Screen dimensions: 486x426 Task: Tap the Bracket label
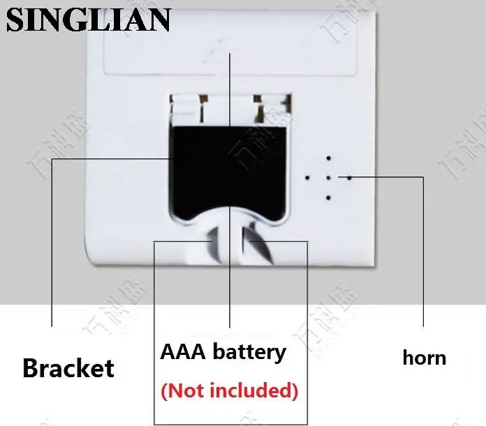click(68, 367)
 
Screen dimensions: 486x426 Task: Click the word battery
click(250, 351)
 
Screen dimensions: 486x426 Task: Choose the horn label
click(424, 358)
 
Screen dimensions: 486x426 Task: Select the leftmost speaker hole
click(307, 178)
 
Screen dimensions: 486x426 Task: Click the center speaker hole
click(327, 178)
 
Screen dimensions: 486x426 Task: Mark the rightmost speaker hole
click(349, 177)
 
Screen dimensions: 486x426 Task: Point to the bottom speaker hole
click(327, 199)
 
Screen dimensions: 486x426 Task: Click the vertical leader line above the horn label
click(423, 251)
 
